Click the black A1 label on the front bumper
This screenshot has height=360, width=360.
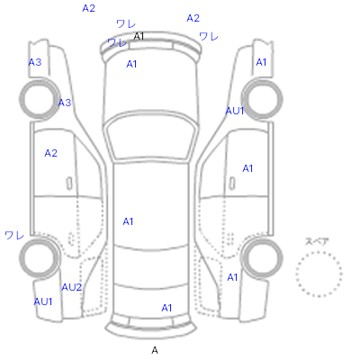pos(139,36)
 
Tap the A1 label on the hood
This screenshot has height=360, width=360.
pos(131,64)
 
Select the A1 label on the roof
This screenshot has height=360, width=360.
pos(128,221)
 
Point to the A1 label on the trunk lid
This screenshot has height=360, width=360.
pos(166,308)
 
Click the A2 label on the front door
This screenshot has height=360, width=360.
pos(50,153)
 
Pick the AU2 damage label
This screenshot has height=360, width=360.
pos(72,287)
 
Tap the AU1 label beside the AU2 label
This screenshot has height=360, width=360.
pos(43,301)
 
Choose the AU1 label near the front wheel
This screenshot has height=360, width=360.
pos(235,111)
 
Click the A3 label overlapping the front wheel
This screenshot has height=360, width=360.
pos(65,103)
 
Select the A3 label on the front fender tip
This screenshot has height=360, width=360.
pos(35,62)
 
